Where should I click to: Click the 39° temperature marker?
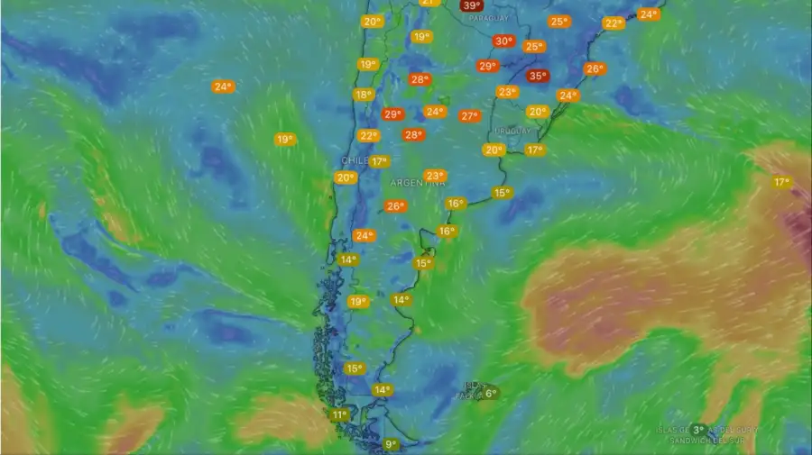tap(471, 5)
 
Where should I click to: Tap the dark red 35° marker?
tap(538, 77)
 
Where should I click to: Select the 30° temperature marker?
tap(503, 41)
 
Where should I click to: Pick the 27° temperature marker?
tap(469, 116)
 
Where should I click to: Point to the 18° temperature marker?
tap(364, 95)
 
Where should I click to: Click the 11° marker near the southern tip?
tap(339, 415)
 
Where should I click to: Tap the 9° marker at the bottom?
tap(392, 444)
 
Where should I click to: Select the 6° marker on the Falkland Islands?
tap(491, 394)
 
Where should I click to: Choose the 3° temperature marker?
tap(698, 430)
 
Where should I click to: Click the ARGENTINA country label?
tap(418, 183)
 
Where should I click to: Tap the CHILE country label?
tap(353, 160)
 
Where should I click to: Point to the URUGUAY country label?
tap(512, 131)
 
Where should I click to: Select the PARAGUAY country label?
tap(488, 18)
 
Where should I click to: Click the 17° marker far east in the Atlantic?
tap(781, 182)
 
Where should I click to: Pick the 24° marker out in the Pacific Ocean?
tap(223, 86)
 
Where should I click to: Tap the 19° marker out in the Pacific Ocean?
tap(284, 139)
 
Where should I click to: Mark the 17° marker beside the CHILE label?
tap(379, 162)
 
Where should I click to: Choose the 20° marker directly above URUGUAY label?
tap(538, 112)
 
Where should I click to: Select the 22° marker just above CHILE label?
tap(369, 136)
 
